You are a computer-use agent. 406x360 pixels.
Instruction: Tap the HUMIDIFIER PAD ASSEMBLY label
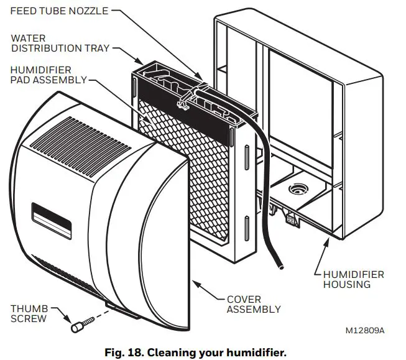click(x=40, y=74)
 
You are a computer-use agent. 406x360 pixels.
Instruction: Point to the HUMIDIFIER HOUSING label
click(x=353, y=279)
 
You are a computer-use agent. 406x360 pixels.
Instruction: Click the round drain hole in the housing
click(x=296, y=187)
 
